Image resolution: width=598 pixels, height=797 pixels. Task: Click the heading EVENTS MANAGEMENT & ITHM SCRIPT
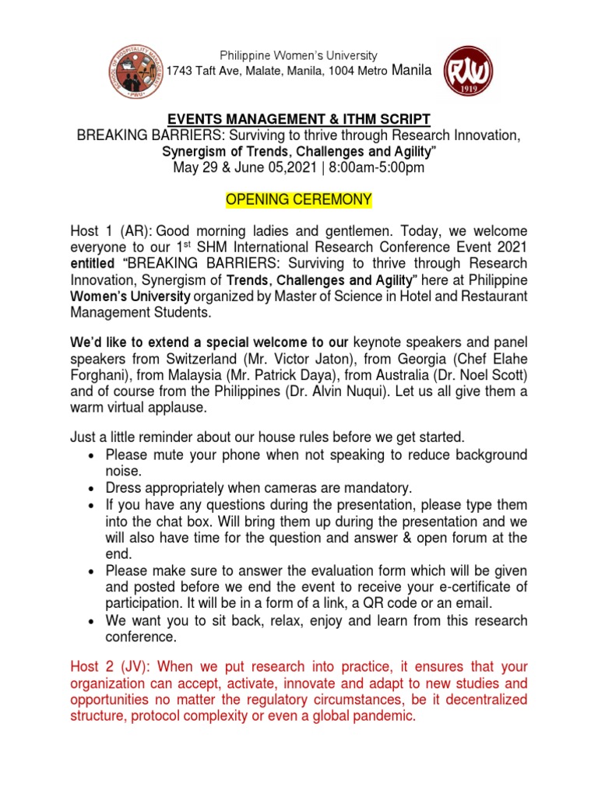click(x=298, y=119)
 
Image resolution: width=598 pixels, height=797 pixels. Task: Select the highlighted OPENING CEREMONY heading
click(x=298, y=201)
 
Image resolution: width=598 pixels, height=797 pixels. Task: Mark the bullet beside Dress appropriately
click(x=92, y=489)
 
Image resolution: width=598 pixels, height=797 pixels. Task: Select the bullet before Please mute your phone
click(x=92, y=455)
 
